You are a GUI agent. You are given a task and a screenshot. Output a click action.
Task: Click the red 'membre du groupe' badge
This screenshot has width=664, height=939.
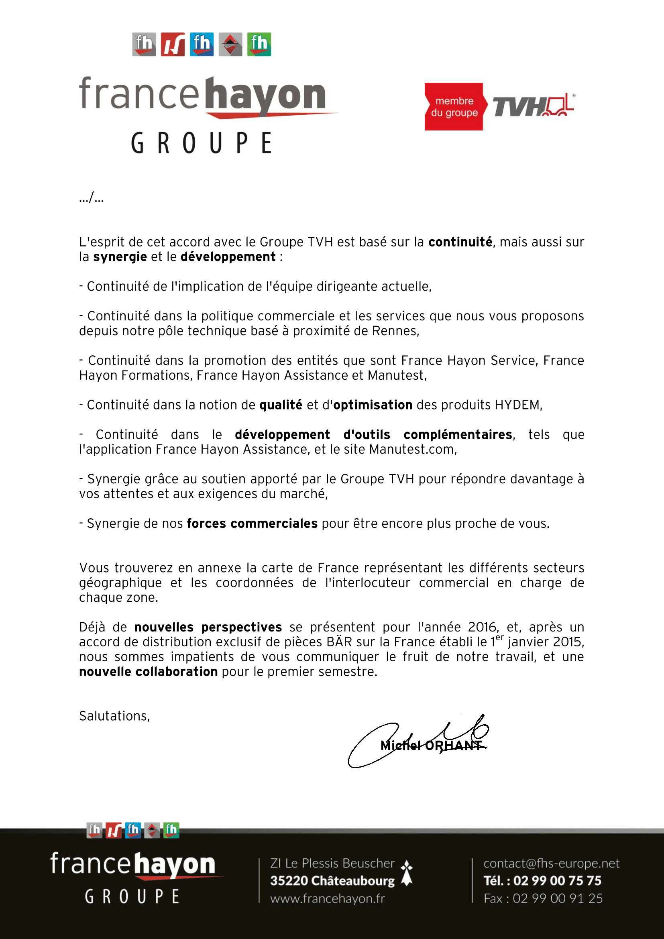pos(454,107)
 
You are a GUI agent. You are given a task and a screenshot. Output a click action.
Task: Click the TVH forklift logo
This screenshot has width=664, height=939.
pos(533,106)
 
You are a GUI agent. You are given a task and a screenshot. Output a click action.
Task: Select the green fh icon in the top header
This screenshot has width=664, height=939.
pos(259,44)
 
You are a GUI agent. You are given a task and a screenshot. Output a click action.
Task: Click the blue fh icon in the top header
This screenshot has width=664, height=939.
pos(202,44)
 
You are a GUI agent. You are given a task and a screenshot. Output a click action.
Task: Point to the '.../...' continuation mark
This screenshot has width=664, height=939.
pos(91,198)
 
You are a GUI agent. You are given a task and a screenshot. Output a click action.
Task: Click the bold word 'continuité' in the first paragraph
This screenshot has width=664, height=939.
pos(460,242)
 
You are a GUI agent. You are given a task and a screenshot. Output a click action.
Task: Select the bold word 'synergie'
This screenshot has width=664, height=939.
pos(120,257)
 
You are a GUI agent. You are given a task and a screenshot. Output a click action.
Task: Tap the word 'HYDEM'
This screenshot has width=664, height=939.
pos(517,405)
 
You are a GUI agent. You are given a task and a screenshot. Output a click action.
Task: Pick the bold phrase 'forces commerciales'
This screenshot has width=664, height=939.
pos(252,523)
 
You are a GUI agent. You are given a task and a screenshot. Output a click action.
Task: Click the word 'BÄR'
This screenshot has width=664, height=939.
pos(339,642)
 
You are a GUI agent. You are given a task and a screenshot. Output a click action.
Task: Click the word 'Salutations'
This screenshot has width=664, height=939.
pos(114,716)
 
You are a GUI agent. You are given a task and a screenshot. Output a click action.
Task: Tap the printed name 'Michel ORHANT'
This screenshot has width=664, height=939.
pos(431,745)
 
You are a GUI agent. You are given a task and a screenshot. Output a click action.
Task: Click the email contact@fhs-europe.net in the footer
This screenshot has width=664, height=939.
pos(551,864)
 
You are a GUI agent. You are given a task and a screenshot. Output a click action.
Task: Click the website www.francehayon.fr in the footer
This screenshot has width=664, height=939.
pos(328,898)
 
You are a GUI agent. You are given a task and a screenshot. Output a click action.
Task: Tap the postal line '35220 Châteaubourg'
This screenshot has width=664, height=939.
pos(332,880)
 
